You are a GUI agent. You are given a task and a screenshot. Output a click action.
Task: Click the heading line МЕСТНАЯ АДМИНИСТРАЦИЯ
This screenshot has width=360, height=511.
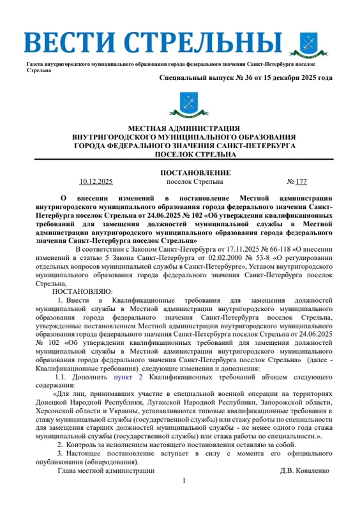point(184,128)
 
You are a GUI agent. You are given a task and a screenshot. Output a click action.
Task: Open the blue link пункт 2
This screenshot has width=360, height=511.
point(124,378)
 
